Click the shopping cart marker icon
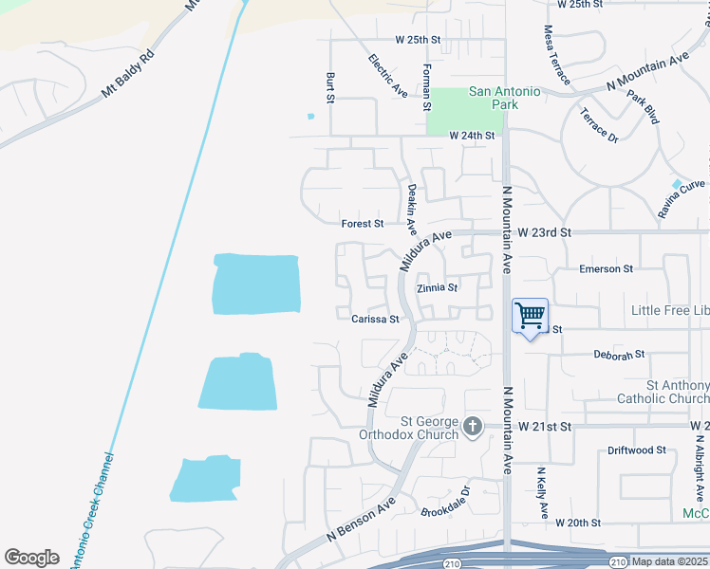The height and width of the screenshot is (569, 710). [530, 317]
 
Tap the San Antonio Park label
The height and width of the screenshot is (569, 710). [505, 98]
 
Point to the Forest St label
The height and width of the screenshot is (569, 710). [363, 224]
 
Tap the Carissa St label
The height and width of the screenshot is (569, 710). [375, 320]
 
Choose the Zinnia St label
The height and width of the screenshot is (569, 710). [439, 287]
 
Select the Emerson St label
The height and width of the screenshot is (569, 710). [606, 269]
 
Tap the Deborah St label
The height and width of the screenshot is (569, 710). [619, 355]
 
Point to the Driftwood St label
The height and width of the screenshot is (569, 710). [636, 450]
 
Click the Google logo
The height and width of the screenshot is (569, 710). [31, 558]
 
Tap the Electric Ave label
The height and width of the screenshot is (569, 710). [387, 76]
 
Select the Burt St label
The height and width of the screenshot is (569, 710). [330, 87]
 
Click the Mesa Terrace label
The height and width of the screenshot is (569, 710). [557, 55]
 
